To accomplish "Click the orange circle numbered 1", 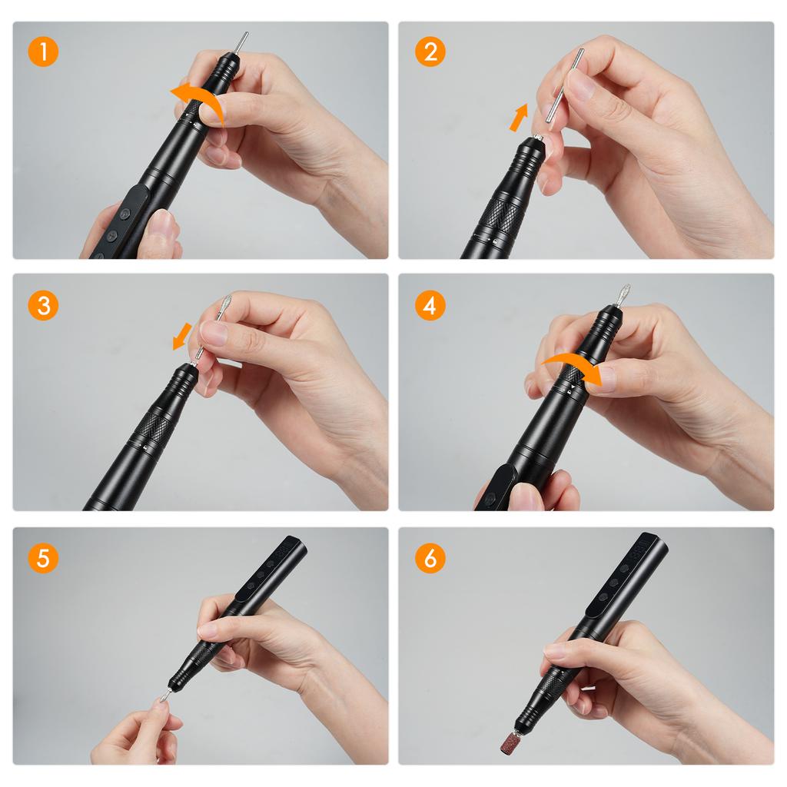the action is (43, 51).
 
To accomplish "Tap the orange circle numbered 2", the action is (430, 51).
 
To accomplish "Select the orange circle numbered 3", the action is (43, 305).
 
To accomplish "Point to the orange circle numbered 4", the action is (430, 305).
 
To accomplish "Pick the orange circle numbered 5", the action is (43, 558).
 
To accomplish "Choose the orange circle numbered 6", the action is (430, 558).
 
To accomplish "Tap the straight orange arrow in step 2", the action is (519, 118).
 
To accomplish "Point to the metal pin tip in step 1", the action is (241, 42).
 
